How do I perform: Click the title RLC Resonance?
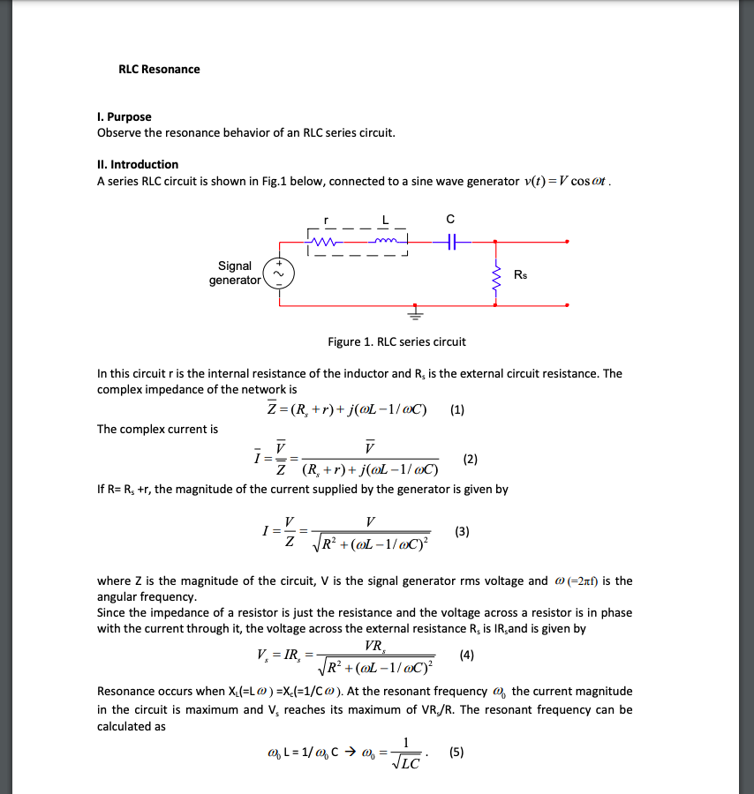click(x=159, y=70)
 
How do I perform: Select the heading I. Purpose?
click(x=124, y=117)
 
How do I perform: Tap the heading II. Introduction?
click(x=138, y=165)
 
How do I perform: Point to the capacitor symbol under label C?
click(x=451, y=240)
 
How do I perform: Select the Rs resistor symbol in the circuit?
click(x=495, y=276)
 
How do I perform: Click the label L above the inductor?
click(x=385, y=218)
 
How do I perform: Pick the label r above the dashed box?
click(x=327, y=218)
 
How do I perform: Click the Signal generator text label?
click(x=235, y=273)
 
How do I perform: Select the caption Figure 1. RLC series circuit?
click(x=396, y=342)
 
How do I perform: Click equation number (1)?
click(x=456, y=409)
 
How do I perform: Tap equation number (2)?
click(x=471, y=459)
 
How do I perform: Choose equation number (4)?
click(x=467, y=655)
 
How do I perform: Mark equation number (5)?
click(x=456, y=753)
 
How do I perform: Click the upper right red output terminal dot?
click(x=567, y=240)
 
